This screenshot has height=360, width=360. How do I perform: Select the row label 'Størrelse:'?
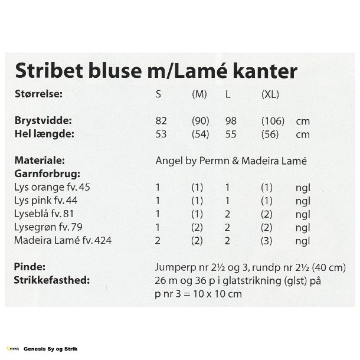39,94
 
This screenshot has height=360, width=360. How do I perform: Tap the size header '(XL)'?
270,94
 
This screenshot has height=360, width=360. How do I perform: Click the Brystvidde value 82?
161,121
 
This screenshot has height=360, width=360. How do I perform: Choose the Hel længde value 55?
231,134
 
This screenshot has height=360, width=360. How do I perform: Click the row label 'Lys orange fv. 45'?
53,187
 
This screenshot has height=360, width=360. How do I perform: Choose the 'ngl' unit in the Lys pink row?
302,200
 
